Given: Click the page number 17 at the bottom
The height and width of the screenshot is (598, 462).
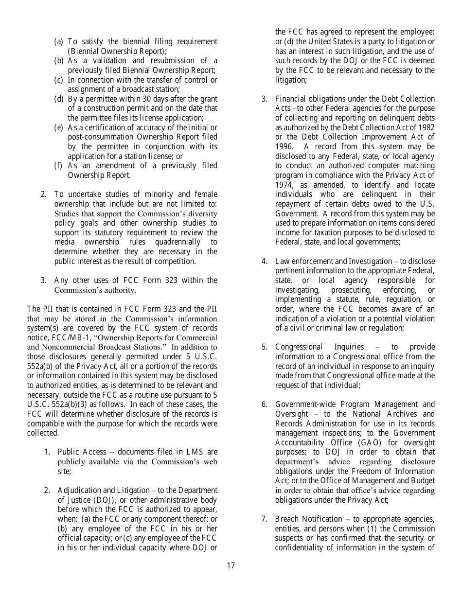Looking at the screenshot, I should tap(231, 565).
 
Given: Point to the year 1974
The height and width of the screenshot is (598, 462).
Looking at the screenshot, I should tap(284, 185).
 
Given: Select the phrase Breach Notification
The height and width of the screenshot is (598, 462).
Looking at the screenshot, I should tap(309, 519).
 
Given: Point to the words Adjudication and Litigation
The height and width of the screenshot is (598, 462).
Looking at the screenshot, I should tap(104, 490).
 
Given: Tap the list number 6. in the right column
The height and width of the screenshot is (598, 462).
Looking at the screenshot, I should tap(265, 405).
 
